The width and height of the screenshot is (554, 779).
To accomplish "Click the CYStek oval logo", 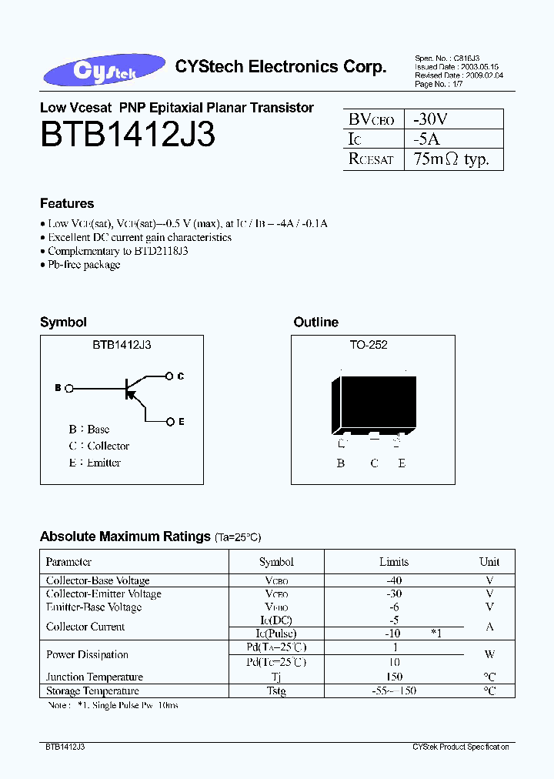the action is point(104,70).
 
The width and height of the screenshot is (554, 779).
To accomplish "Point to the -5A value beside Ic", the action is point(426,139).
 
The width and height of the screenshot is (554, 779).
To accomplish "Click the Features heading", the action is point(67,203).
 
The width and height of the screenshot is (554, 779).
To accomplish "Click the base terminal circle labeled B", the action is point(69,389).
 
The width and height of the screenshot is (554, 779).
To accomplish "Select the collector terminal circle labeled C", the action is point(169,376).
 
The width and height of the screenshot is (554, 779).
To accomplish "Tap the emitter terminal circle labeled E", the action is point(169,421).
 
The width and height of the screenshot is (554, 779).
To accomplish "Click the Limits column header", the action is point(394,562).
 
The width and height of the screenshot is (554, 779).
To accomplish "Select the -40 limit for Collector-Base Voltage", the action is point(394,580).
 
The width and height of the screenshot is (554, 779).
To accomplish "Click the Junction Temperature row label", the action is point(95,677).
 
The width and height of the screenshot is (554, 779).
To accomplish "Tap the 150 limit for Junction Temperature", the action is point(394,677).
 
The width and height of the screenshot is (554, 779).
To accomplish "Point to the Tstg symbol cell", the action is point(275,691).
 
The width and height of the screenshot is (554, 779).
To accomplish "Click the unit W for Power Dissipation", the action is point(489,655).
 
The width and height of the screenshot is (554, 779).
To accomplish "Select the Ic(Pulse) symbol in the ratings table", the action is point(275,633).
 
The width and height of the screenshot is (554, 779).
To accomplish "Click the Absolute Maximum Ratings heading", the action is point(125,537).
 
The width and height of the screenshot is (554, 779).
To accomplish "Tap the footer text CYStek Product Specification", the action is point(460,747).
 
